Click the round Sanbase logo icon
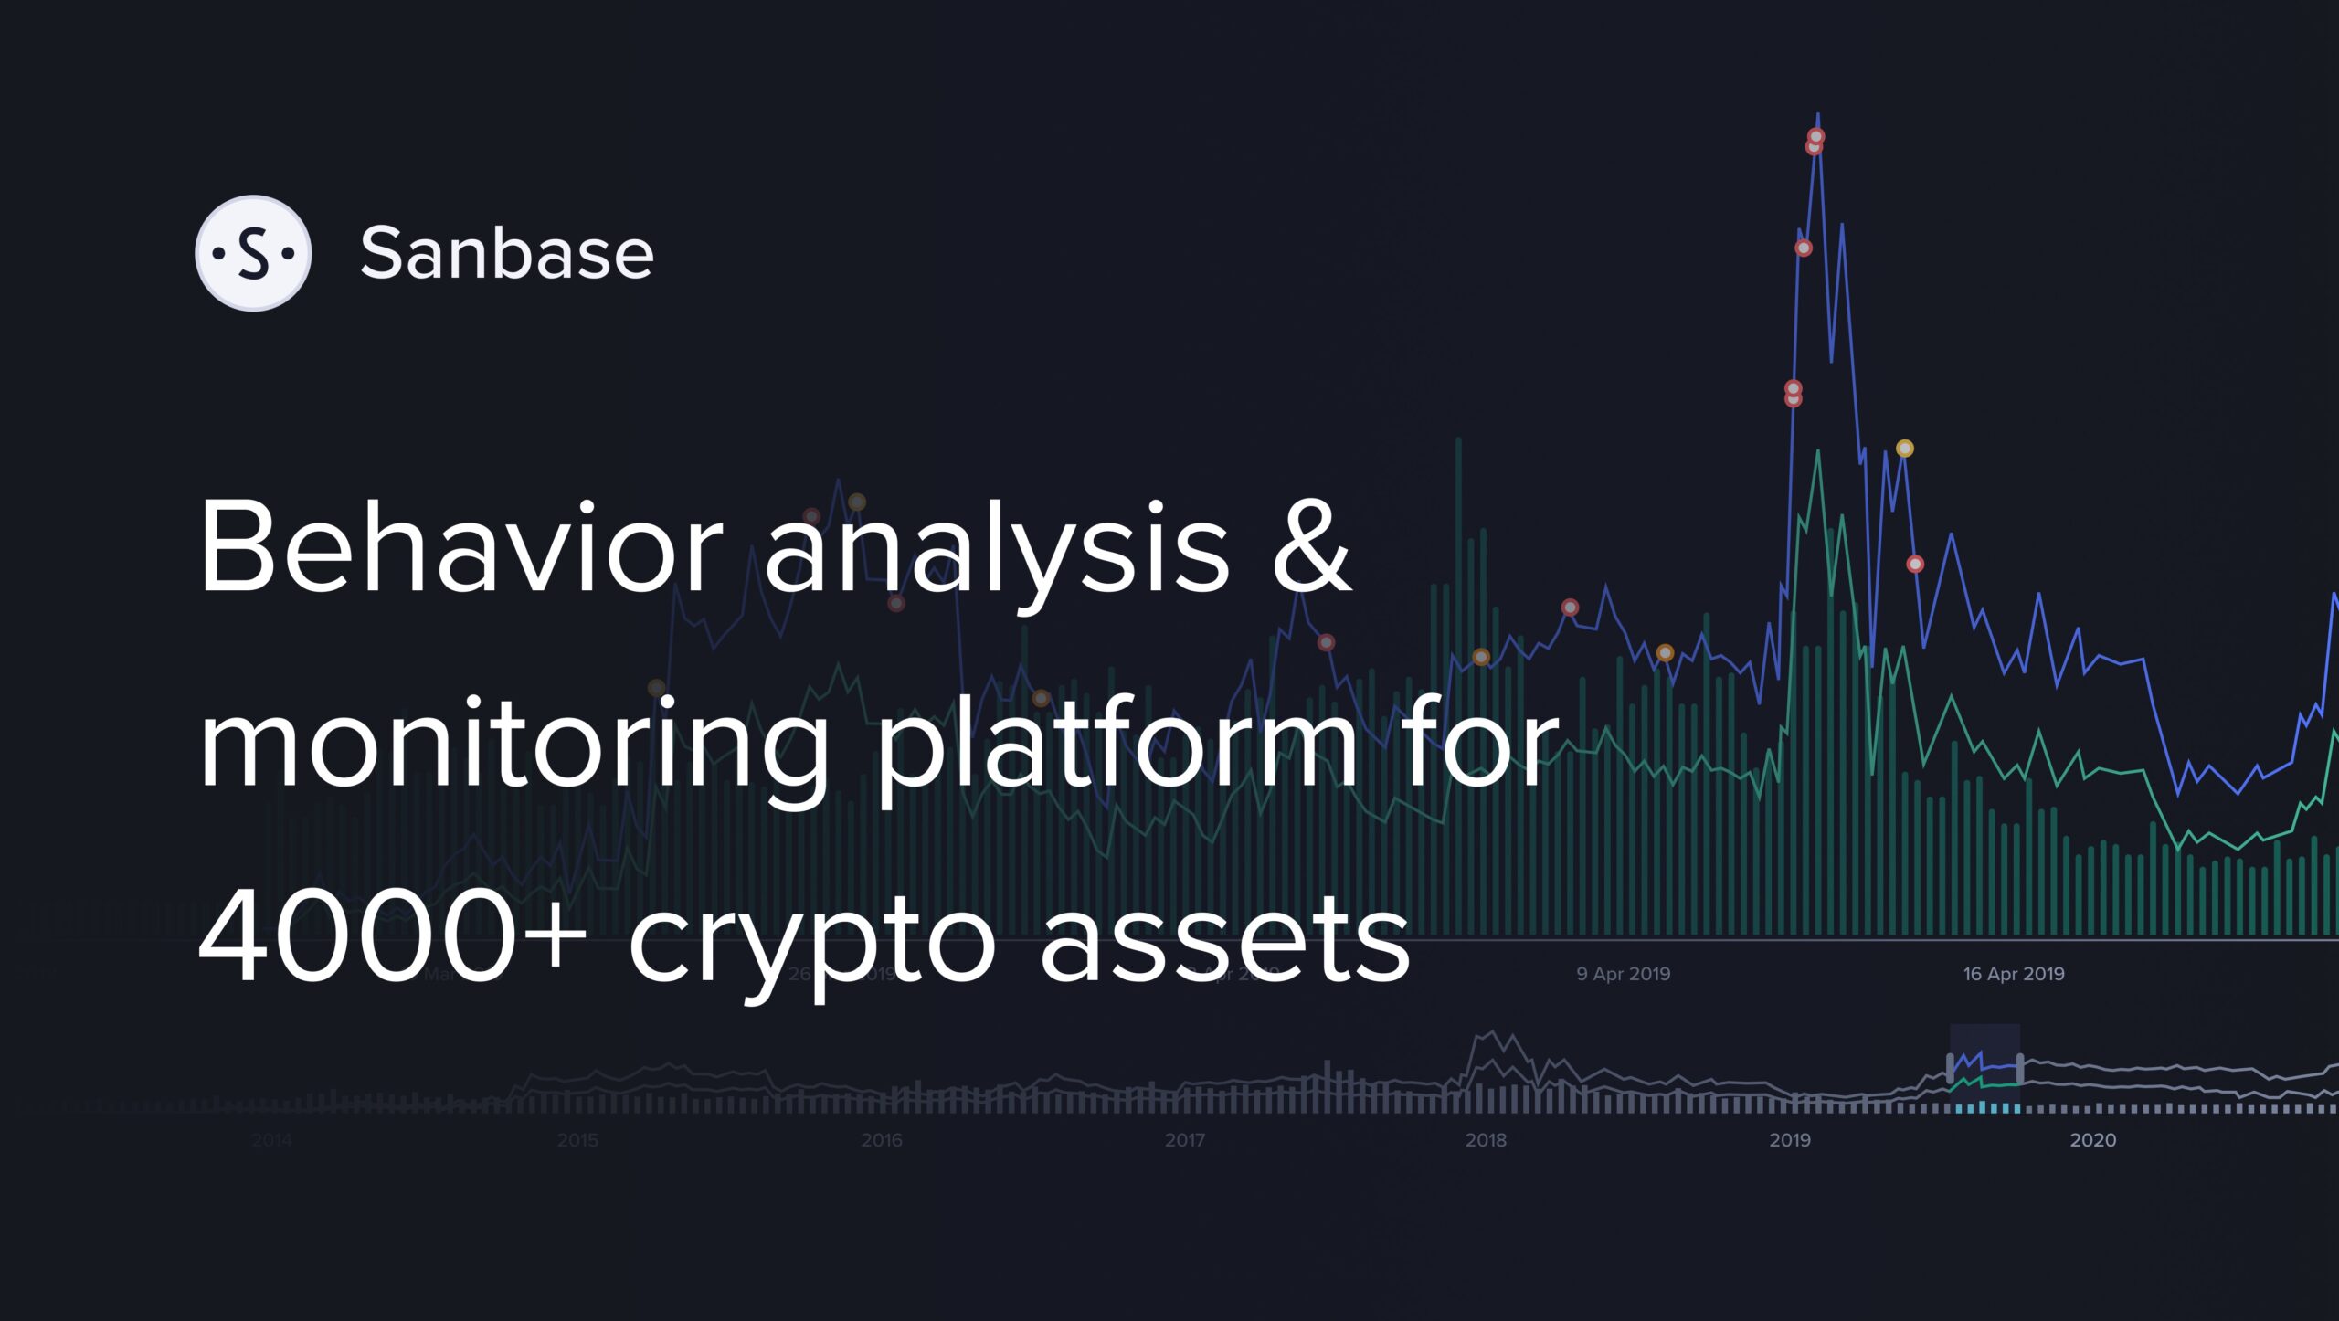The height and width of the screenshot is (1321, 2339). pyautogui.click(x=253, y=253)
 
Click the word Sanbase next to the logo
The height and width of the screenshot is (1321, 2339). pyautogui.click(x=507, y=253)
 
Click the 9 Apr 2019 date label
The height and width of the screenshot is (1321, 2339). pyautogui.click(x=1624, y=974)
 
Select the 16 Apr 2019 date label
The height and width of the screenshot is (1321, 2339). pyautogui.click(x=2014, y=974)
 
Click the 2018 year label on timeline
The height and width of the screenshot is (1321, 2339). pyautogui.click(x=1486, y=1140)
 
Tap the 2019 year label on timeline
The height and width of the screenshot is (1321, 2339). pyautogui.click(x=1790, y=1140)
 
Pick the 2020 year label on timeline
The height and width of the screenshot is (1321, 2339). pyautogui.click(x=2092, y=1140)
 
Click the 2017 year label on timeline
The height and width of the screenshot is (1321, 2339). pyautogui.click(x=1184, y=1140)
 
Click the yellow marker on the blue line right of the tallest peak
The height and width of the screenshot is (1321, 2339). pyautogui.click(x=1904, y=449)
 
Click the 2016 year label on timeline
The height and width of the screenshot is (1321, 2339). pyautogui.click(x=881, y=1140)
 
